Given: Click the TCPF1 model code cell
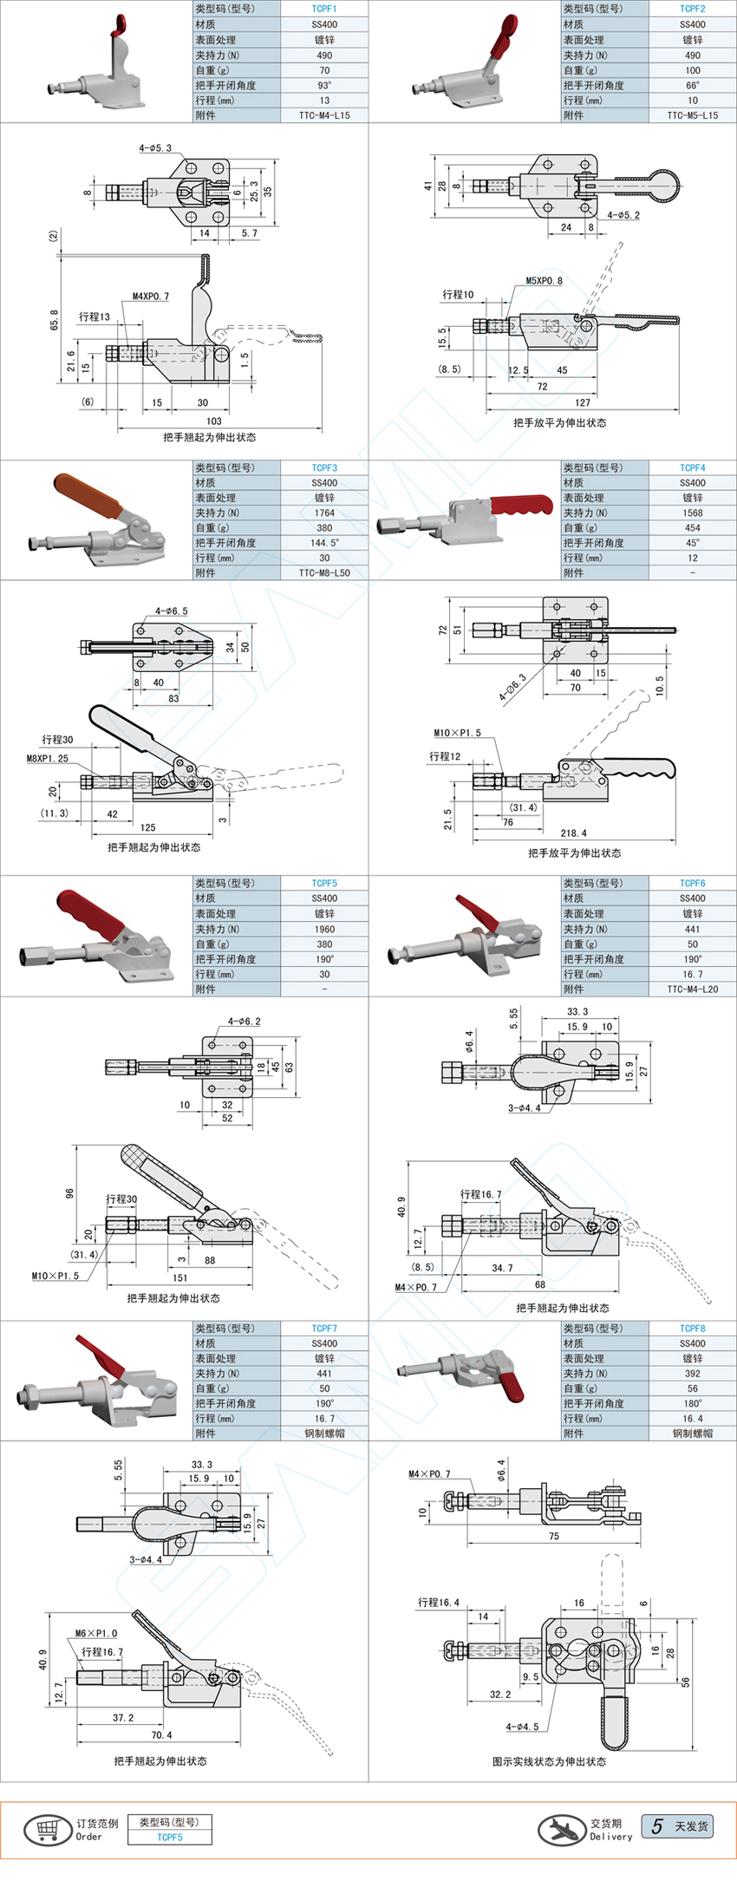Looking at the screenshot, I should pos(324,9).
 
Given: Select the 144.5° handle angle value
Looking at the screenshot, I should pos(324,543).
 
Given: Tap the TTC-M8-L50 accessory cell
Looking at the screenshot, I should pos(324,572).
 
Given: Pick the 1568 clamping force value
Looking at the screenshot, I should pos(692,513).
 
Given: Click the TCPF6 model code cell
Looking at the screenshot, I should pos(692,883).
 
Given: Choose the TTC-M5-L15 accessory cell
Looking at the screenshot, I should pos(692,115).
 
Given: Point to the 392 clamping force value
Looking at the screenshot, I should pos(692,1373).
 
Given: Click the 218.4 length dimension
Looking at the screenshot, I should pos(573,833).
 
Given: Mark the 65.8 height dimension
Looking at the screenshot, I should pos(55,320).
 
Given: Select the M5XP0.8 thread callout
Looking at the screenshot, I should pos(544,281).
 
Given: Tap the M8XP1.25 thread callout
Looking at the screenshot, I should pos(47,758).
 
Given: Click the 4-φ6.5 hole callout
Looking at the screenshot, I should pos(172,611).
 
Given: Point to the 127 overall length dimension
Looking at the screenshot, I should pos(583,402).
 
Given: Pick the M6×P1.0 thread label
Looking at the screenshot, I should pos(95,1633).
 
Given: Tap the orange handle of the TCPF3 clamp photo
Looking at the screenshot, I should pos(87,495).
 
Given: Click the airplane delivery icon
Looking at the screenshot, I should pos(561,1830).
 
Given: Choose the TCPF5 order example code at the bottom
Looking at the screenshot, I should pos(170,1837).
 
